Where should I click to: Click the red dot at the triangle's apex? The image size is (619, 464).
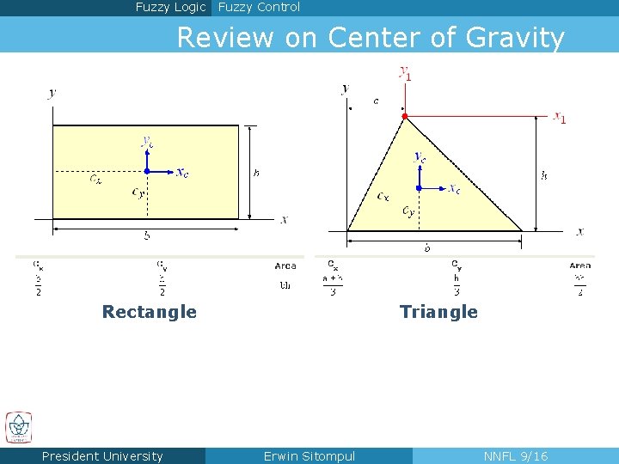404,116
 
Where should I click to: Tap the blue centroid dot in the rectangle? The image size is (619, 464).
147,171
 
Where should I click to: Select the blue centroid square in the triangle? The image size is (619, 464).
418,187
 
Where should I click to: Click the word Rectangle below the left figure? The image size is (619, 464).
149,312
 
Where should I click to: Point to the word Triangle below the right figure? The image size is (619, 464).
438,312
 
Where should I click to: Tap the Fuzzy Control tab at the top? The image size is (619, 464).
259,8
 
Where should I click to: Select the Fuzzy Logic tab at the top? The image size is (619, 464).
170,8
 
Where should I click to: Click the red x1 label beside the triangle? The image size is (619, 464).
560,117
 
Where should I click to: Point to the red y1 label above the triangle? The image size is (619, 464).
404,73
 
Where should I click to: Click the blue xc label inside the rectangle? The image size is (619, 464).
182,173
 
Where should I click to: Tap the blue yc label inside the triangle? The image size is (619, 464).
420,157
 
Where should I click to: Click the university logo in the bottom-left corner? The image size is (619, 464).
18,427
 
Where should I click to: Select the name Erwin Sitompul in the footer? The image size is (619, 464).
309,456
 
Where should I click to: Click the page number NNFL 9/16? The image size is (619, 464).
515,456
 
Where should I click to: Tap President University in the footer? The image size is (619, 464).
102,456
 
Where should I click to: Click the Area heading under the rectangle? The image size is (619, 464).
285,266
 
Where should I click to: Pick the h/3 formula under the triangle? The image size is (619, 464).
457,284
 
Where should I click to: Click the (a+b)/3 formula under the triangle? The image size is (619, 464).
333,284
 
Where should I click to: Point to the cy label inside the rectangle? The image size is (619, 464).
138,192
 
